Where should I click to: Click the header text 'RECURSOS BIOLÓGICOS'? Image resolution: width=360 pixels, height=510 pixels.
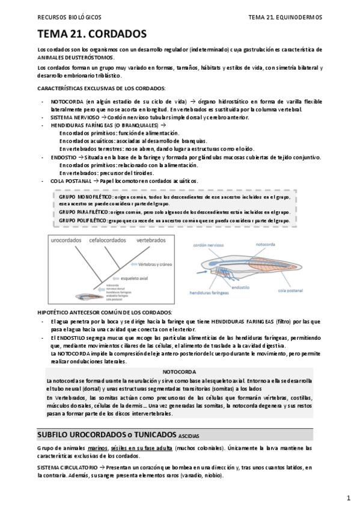(69, 18)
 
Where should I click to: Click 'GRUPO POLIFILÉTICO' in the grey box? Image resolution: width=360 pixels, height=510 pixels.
(83, 221)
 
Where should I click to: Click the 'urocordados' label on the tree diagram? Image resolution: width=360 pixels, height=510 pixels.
(67, 240)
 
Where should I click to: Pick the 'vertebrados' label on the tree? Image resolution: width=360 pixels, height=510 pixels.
(151, 240)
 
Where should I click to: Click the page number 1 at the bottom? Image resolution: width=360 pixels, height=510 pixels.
(349, 499)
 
